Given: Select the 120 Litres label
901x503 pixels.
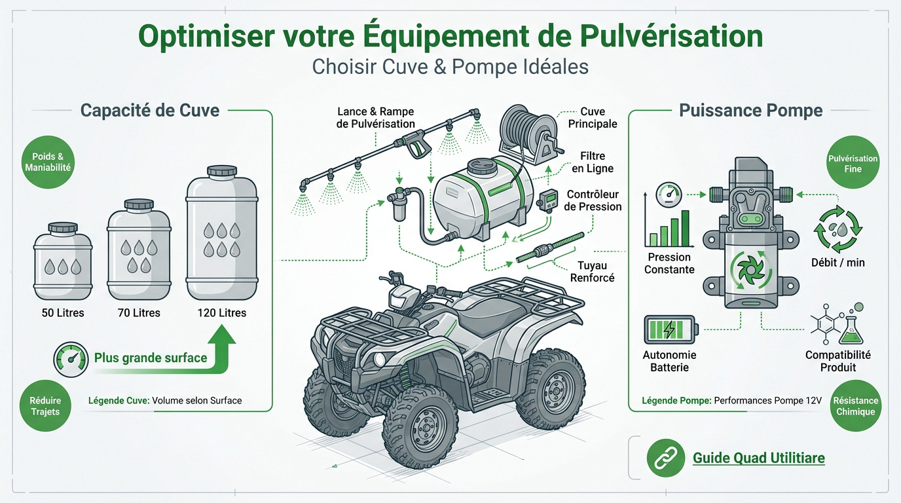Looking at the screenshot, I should [222, 313].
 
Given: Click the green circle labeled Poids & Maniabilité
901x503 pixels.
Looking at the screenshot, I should [48, 162].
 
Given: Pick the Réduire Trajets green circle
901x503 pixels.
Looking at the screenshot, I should [45, 406].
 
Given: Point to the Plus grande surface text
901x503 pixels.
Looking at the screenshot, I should [151, 358].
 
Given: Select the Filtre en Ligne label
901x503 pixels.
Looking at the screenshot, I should [592, 162].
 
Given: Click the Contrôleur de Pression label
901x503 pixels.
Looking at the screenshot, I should [593, 201].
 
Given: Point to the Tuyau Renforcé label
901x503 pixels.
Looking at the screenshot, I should [593, 272].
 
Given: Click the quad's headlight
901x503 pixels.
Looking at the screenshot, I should [378, 358].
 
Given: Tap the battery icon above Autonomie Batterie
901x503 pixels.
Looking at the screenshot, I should [671, 329].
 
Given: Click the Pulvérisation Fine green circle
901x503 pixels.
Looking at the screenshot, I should [853, 164].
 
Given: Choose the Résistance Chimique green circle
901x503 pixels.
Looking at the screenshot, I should [855, 406].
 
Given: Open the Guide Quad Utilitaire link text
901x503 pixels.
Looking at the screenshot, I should [759, 458].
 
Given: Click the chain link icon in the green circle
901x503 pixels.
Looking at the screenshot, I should [665, 457].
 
